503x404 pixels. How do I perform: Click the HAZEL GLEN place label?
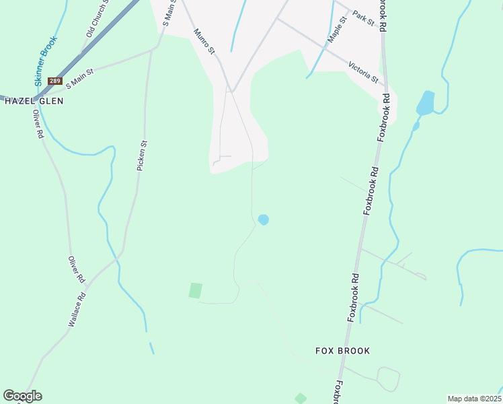coord(34,101)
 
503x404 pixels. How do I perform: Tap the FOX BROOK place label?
coord(343,351)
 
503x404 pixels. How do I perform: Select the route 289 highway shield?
coord(55,81)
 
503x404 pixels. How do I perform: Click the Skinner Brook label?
coord(46,61)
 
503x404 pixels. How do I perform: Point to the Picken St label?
coord(142,154)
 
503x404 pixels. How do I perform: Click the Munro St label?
coord(203,40)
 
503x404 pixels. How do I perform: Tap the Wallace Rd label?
coord(77,310)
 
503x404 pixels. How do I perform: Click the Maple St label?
coord(336,30)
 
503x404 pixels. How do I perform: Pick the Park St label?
coord(363,18)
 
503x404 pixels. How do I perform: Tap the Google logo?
coord(22,396)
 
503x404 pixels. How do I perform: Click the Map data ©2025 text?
coord(473,399)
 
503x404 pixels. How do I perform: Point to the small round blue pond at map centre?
coord(264,220)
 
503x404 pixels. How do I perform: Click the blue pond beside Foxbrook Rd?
coord(425,103)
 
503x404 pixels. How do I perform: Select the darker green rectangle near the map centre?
coord(195,290)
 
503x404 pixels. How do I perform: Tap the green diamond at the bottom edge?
coord(301,399)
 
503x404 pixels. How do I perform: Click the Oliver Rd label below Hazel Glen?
coord(38,124)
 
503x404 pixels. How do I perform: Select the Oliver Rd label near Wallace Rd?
coord(77,269)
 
